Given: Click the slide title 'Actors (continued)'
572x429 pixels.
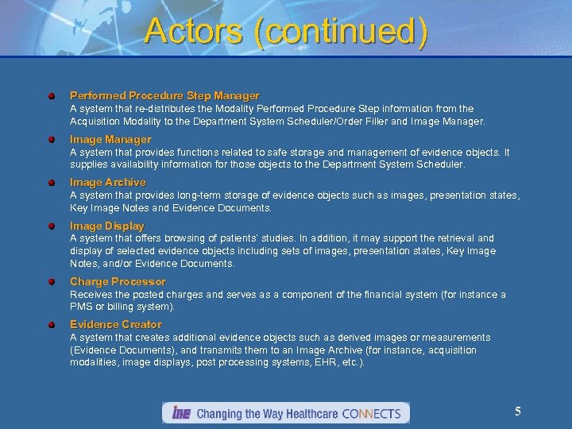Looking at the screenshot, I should coord(286,32).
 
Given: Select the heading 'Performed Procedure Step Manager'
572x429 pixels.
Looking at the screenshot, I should coord(164,96).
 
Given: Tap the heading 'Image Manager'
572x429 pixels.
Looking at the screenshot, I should coord(110,140).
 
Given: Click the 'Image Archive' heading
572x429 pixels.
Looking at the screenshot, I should coord(108,183).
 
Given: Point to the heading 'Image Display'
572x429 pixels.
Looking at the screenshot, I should coord(107,226).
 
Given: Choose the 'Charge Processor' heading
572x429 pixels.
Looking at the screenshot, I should coord(118,282).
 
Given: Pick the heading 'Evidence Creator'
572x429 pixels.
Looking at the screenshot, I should coord(116,325).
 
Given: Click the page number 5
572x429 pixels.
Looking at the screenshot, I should coord(518,412).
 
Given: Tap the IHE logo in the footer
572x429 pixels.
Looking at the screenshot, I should coord(180,413).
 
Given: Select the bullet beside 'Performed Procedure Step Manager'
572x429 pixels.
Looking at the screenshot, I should coord(51,96).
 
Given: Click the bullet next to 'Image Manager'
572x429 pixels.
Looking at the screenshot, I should coord(51,140).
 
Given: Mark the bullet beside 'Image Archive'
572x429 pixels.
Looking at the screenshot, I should coord(51,183).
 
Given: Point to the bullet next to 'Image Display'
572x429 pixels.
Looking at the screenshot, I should coord(51,226).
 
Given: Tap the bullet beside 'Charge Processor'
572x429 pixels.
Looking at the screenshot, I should coord(51,282).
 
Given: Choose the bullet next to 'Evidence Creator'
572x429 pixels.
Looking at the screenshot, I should coord(51,325).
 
